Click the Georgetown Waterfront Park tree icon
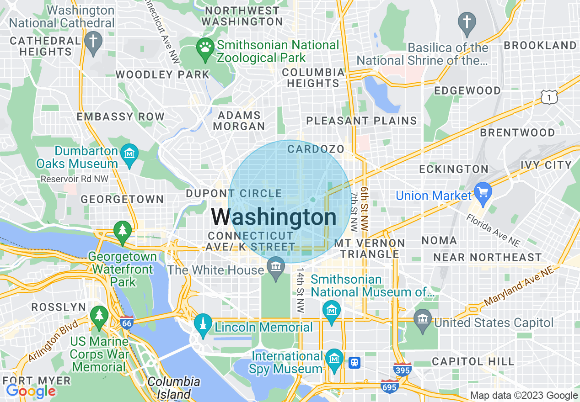pos(122,230)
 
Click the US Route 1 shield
pos(549,97)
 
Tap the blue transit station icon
pos(354,363)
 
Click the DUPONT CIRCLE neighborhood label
pos(234,193)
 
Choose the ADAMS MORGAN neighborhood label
pos(239,121)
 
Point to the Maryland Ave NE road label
pos(519,286)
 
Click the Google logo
pos(31,391)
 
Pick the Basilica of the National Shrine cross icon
pos(467,23)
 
